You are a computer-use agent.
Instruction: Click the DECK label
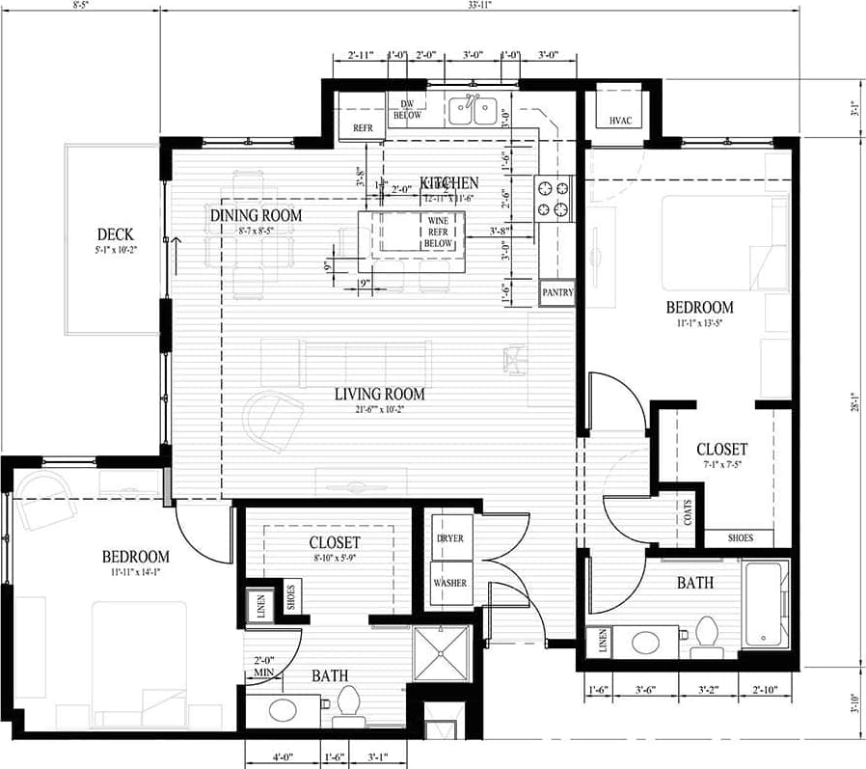[x=115, y=234]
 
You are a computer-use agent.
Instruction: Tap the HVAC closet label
[x=620, y=121]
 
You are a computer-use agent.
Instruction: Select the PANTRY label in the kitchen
[x=557, y=291]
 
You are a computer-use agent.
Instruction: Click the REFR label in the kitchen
[x=363, y=127]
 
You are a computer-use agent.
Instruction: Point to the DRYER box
[x=450, y=538]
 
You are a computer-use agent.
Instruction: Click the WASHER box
[x=450, y=583]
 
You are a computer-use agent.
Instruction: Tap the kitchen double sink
[x=473, y=113]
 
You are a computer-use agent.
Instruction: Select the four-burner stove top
[x=554, y=199]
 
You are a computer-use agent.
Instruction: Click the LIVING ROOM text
[x=379, y=394]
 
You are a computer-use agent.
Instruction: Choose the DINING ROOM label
[x=256, y=215]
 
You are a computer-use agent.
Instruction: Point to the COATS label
[x=688, y=511]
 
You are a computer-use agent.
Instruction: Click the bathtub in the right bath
[x=766, y=604]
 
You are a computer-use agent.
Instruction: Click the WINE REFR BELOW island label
[x=438, y=232]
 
